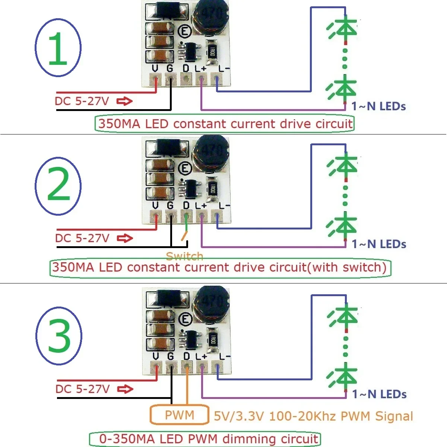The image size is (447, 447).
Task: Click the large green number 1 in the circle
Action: (58, 48)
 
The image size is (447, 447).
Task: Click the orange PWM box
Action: (179, 415)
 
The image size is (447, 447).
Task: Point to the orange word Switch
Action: (184, 256)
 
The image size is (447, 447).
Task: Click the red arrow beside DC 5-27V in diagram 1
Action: (124, 101)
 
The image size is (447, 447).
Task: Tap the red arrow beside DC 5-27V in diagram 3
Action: (125, 389)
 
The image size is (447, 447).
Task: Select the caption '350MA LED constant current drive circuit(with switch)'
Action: (220, 267)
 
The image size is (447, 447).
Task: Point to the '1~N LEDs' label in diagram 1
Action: (378, 107)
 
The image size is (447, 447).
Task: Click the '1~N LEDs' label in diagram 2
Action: (379, 244)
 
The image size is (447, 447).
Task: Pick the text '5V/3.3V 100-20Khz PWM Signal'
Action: (313, 416)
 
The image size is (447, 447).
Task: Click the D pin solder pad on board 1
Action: (186, 79)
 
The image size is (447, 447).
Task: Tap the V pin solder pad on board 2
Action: (156, 216)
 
